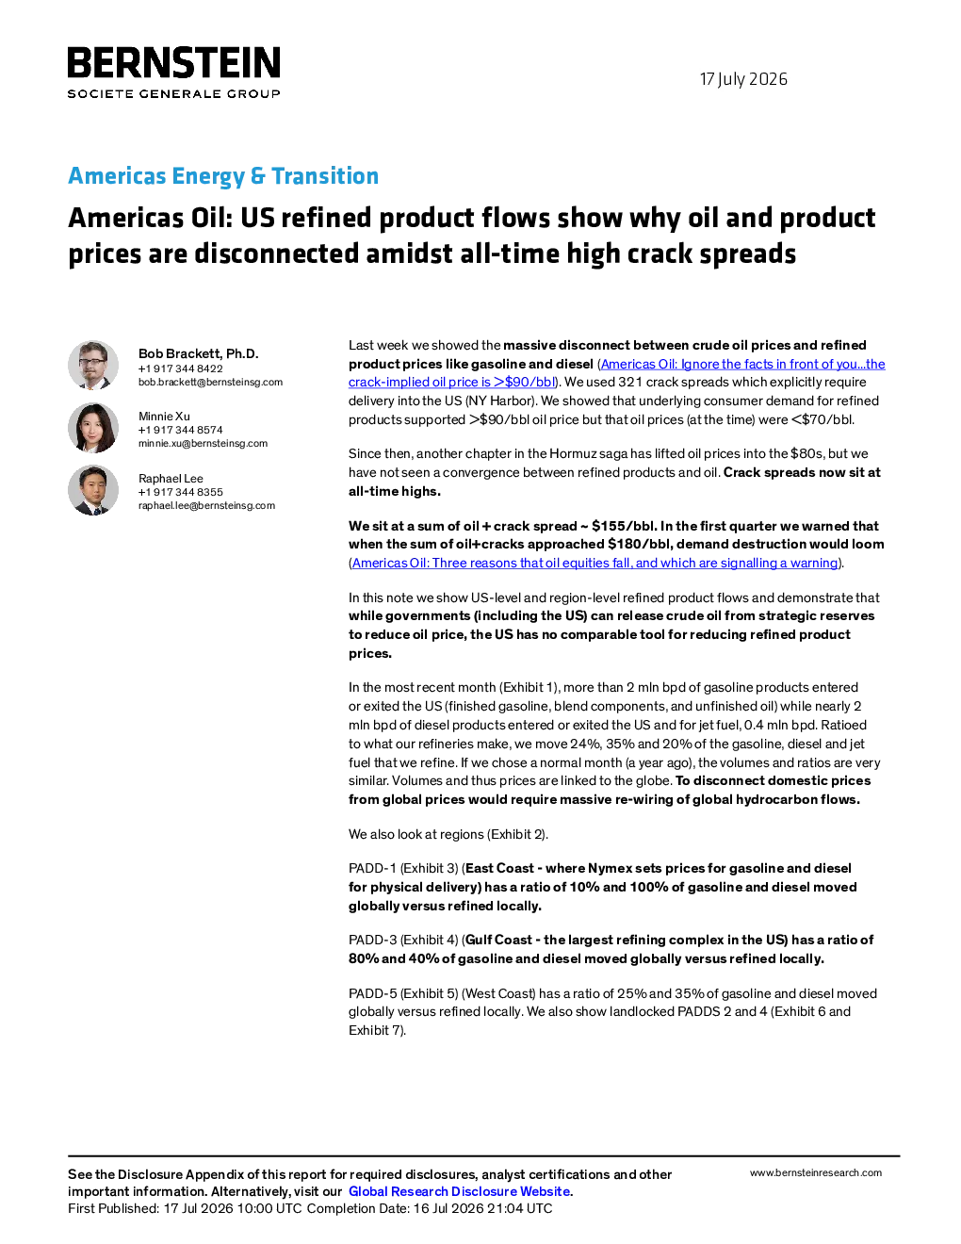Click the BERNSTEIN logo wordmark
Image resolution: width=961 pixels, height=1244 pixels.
click(173, 62)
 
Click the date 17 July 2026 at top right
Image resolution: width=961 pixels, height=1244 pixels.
click(743, 79)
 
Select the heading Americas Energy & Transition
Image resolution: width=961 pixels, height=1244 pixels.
click(223, 175)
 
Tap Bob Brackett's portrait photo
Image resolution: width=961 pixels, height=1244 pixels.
click(93, 366)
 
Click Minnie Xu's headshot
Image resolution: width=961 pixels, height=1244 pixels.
click(93, 428)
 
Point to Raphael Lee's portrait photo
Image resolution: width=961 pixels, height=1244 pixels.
click(93, 489)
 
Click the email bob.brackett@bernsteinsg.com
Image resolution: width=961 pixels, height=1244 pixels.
click(211, 382)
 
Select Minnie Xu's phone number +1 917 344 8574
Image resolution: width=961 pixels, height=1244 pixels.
click(180, 430)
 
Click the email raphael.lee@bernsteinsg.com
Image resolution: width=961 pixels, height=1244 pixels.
click(206, 505)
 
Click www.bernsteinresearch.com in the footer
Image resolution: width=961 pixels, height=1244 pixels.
click(816, 1173)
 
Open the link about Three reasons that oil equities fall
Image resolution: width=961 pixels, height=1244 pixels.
click(595, 563)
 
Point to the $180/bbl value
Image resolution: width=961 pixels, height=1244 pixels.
click(641, 544)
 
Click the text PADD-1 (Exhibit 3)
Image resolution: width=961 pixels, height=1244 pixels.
click(403, 869)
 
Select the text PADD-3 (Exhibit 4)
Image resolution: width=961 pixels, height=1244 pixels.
click(403, 940)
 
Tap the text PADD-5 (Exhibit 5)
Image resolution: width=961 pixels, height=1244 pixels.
click(403, 993)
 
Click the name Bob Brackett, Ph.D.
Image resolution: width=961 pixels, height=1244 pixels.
click(199, 353)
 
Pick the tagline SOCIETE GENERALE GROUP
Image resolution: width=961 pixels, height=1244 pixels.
click(173, 94)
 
